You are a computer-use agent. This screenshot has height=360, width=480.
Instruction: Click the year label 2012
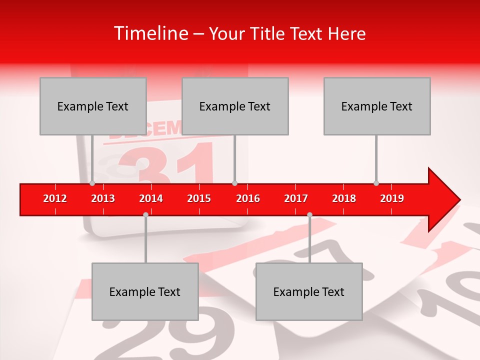point(55,198)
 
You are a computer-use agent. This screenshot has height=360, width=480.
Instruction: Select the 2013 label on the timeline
point(103,198)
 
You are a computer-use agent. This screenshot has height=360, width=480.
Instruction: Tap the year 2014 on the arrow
point(151,198)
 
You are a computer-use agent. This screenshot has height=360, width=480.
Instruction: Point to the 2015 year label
point(199,198)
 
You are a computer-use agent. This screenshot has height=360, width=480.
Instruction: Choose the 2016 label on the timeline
point(248,198)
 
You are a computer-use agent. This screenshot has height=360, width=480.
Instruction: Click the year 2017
point(296,198)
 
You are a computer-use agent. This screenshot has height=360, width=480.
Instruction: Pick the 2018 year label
point(344,198)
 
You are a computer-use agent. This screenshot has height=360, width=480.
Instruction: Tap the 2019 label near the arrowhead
point(392,198)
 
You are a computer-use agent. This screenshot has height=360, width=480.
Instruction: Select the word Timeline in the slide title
point(149,33)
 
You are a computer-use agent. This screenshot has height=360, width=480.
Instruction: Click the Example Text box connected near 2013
point(93,106)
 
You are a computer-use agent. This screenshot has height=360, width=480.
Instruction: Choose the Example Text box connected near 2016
point(235,106)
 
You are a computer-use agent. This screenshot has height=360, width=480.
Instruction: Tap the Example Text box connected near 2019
point(377,106)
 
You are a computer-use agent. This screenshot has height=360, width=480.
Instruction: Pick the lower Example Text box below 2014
point(145,291)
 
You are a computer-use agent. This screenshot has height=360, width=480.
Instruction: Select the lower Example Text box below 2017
point(309,291)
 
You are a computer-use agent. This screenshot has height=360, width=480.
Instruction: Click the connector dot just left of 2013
point(92,183)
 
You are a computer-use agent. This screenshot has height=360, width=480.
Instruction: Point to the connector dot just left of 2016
point(234,183)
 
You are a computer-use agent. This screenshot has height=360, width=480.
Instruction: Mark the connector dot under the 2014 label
point(145,214)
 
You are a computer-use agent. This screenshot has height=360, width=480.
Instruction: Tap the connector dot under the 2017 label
point(309,214)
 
